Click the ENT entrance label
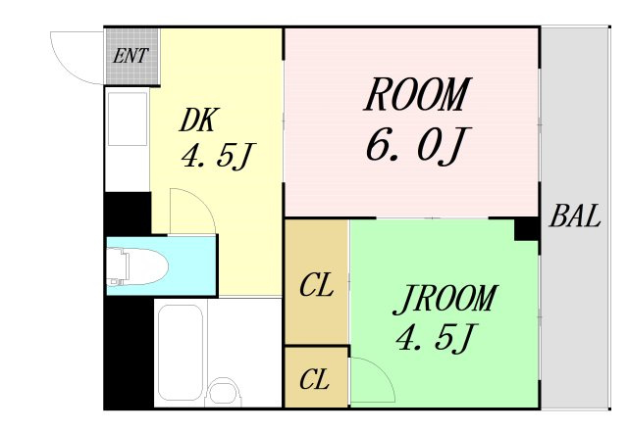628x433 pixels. pos(131,56)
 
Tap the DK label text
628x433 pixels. pos(198,120)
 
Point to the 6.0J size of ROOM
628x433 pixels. pos(417,145)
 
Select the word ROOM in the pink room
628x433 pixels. pos(417,94)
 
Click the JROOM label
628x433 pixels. pos(445,299)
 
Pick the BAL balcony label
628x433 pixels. pos(575,216)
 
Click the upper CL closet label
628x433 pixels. pos(316,285)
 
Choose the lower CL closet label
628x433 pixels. pos(314,379)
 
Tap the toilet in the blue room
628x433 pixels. pos(137,266)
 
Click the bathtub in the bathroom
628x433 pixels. pos(180,352)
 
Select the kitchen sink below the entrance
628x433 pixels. pos(128,119)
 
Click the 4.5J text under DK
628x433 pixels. pos(218,157)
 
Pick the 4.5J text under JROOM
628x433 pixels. pos(436,338)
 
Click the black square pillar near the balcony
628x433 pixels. pos(527,228)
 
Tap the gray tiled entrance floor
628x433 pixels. pos(131,56)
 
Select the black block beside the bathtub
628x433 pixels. pos(129,353)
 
